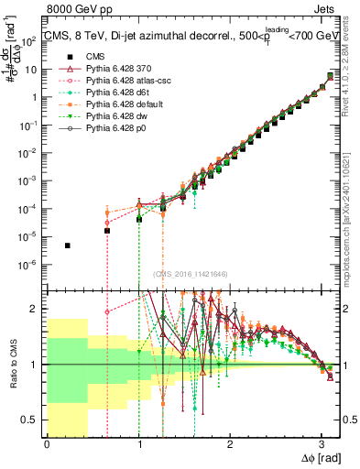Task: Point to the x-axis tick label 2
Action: coord(230,445)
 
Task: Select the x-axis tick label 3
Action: coord(322,445)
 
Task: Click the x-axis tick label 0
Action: coord(47,445)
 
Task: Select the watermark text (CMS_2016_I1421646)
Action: coord(190,273)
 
